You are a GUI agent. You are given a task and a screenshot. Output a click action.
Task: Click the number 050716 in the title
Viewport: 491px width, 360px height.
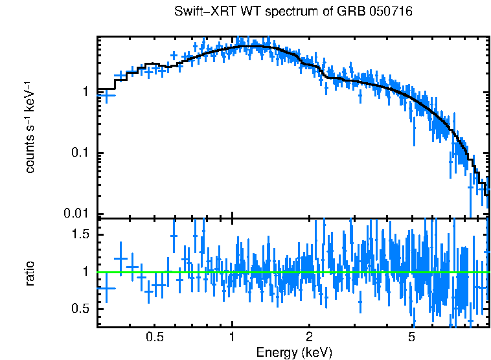pos(391,12)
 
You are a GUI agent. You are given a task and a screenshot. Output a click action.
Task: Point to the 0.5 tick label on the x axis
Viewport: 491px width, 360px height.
pos(154,337)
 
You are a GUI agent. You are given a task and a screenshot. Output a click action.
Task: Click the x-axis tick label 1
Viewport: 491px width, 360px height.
pos(232,337)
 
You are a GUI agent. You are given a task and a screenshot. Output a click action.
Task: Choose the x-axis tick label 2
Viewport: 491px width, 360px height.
pos(310,337)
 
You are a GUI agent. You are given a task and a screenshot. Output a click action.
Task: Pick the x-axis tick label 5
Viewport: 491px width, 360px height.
pos(411,337)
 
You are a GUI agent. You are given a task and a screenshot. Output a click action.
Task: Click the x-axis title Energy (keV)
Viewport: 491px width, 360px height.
pos(294,352)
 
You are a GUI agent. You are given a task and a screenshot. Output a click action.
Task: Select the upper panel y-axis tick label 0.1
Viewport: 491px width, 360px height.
pos(81,153)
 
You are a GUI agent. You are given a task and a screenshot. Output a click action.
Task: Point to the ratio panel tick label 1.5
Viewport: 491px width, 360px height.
pos(81,234)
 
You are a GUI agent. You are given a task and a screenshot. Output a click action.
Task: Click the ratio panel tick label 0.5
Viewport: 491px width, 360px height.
pos(81,308)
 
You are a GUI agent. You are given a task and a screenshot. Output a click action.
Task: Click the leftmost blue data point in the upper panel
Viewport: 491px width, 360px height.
pos(106,95)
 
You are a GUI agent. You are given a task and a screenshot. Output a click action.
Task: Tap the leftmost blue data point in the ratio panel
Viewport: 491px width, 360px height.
pos(106,288)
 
